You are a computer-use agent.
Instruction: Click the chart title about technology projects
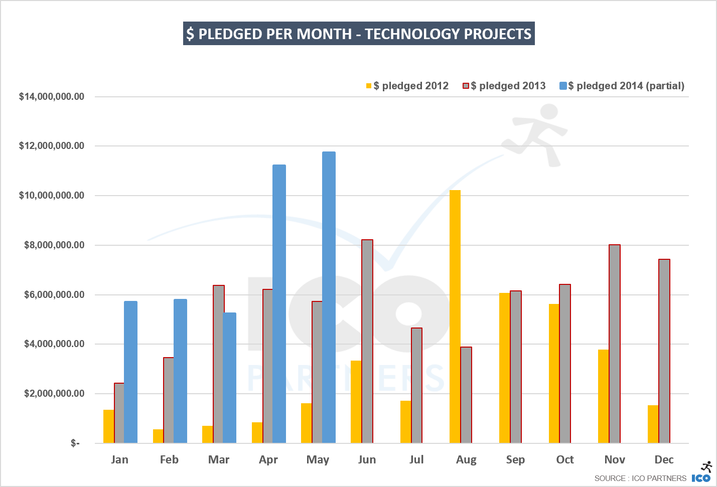(359, 34)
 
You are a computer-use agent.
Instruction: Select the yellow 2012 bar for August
(455, 316)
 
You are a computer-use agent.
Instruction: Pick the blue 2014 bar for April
(279, 303)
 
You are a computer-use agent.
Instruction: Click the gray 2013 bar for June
(367, 341)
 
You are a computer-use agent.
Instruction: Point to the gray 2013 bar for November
(615, 344)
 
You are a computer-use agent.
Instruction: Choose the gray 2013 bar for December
(664, 351)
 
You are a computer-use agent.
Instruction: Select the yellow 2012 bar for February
(158, 436)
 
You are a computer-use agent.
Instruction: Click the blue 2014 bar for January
(130, 372)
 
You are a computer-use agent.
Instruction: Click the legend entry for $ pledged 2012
(407, 86)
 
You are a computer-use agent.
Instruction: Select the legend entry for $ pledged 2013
(504, 86)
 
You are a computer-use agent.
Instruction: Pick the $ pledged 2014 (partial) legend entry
(622, 86)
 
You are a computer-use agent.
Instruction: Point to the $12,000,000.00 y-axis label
(52, 146)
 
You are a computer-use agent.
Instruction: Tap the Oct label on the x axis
(565, 459)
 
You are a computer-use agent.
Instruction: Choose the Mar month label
(219, 459)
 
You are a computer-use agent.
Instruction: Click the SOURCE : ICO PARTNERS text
(640, 478)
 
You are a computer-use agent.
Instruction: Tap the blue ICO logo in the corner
(701, 478)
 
